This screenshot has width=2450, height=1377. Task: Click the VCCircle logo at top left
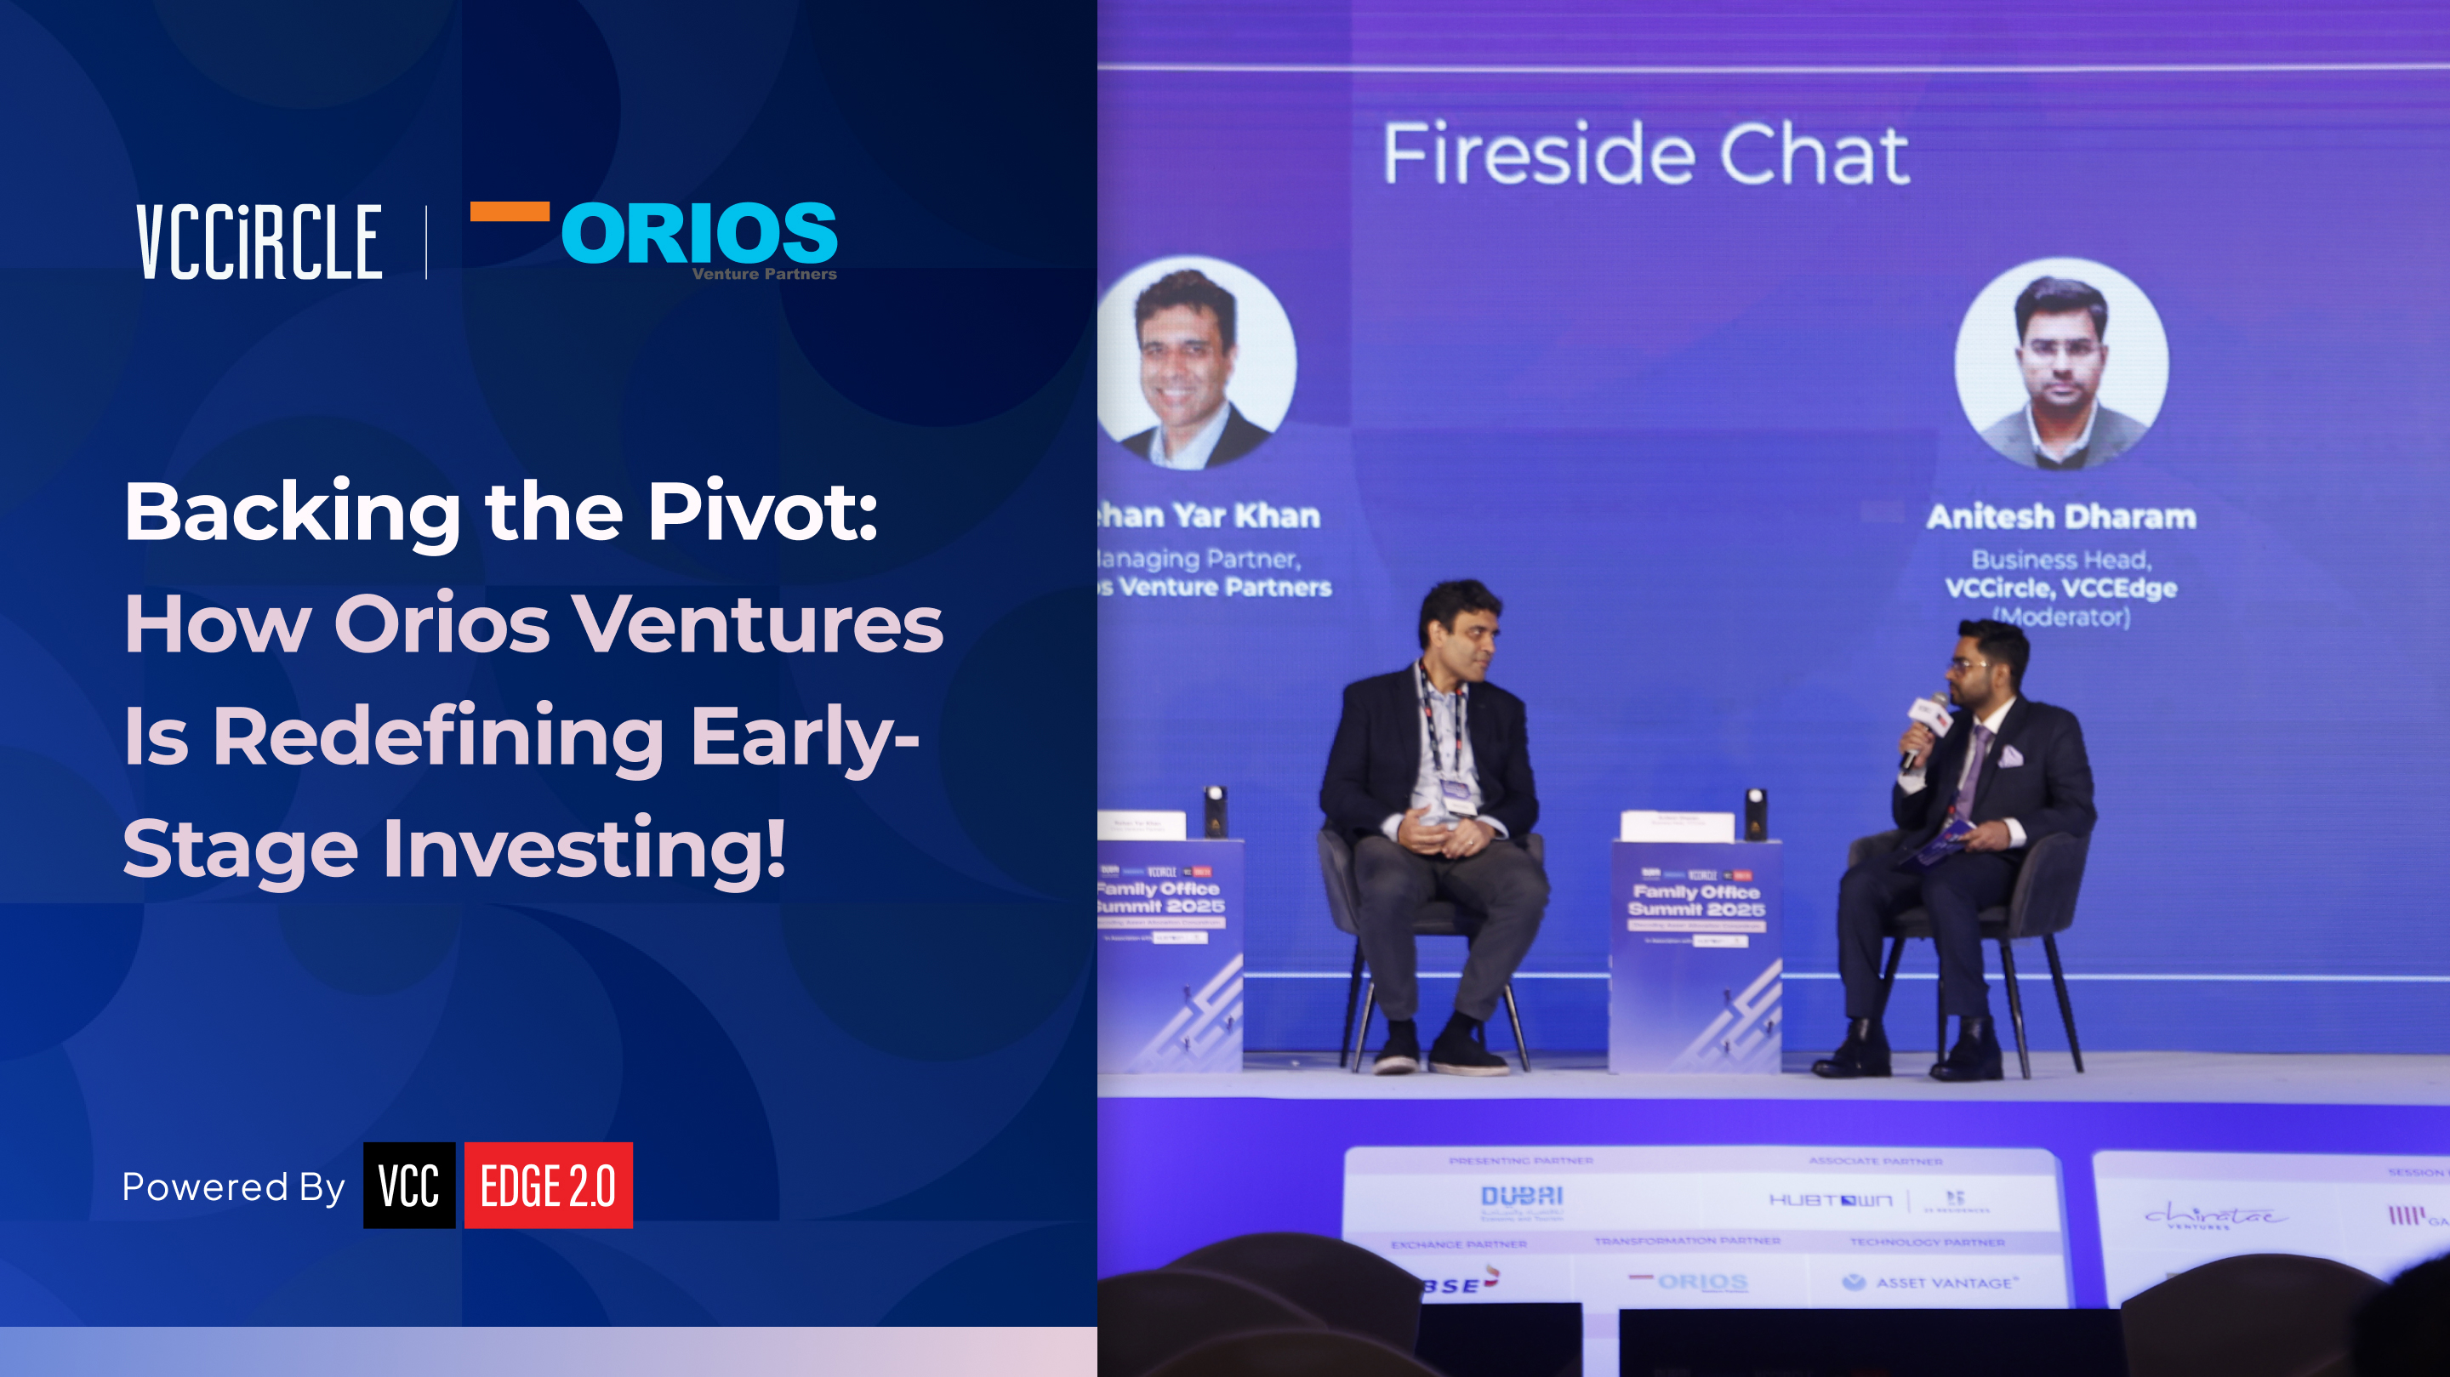259,242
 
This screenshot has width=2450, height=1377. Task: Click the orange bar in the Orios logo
510,211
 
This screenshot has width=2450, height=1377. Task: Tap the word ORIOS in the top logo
699,233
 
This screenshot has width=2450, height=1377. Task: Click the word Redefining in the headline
438,737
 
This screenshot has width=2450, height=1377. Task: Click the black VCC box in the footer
409,1185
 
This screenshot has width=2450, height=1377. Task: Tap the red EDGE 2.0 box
548,1185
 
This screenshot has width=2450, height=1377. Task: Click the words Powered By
233,1186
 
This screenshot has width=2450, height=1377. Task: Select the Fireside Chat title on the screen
1645,154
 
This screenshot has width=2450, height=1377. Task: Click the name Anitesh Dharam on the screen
2061,516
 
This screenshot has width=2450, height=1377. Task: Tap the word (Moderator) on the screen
2061,617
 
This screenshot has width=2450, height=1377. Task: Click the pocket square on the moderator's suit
2009,757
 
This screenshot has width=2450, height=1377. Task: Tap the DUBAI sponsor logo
1522,1198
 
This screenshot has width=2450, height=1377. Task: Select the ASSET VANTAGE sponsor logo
1931,1283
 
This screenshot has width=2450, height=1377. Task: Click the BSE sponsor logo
1460,1283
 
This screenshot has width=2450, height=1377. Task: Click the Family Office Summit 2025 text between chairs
1695,900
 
